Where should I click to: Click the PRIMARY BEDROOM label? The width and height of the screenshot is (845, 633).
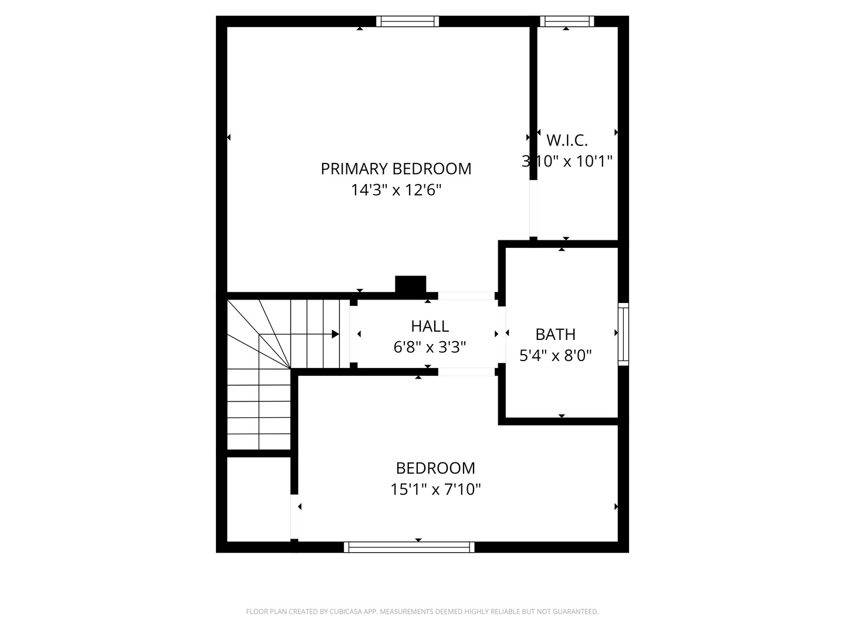pyautogui.click(x=396, y=169)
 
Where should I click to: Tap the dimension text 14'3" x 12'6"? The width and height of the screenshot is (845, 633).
pyautogui.click(x=396, y=190)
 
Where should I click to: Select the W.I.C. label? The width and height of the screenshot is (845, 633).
pyautogui.click(x=567, y=141)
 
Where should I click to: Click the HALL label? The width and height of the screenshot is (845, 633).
pyautogui.click(x=430, y=326)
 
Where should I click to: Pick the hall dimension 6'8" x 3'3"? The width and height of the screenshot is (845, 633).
pyautogui.click(x=430, y=348)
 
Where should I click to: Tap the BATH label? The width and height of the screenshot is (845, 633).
pyautogui.click(x=555, y=335)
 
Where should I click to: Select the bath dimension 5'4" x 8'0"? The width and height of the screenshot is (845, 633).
pyautogui.click(x=555, y=356)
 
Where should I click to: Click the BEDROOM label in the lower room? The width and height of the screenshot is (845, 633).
pyautogui.click(x=435, y=468)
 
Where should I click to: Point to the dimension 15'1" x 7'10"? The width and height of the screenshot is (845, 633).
pyautogui.click(x=435, y=489)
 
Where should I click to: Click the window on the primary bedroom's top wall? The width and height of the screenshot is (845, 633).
pyautogui.click(x=407, y=22)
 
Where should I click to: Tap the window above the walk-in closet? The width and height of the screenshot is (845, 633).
pyautogui.click(x=567, y=22)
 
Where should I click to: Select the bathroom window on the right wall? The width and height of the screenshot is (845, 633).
pyautogui.click(x=623, y=334)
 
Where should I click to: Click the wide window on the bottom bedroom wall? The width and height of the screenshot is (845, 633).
pyautogui.click(x=409, y=547)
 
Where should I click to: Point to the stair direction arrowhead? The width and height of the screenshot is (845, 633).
pyautogui.click(x=336, y=334)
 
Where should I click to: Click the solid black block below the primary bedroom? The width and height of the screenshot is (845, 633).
pyautogui.click(x=410, y=284)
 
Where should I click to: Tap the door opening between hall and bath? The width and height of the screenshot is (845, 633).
pyautogui.click(x=502, y=334)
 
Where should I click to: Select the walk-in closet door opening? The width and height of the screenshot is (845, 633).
pyautogui.click(x=533, y=209)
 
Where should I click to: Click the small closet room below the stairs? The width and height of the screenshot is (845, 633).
pyautogui.click(x=258, y=499)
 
